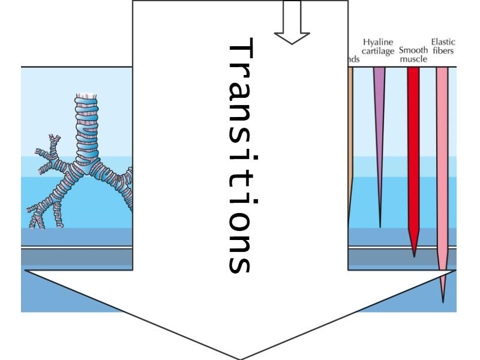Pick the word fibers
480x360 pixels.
tap(444, 51)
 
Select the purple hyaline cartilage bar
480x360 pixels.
tap(379, 108)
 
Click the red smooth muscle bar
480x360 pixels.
tap(413, 150)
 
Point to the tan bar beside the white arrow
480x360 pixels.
tap(351, 120)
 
